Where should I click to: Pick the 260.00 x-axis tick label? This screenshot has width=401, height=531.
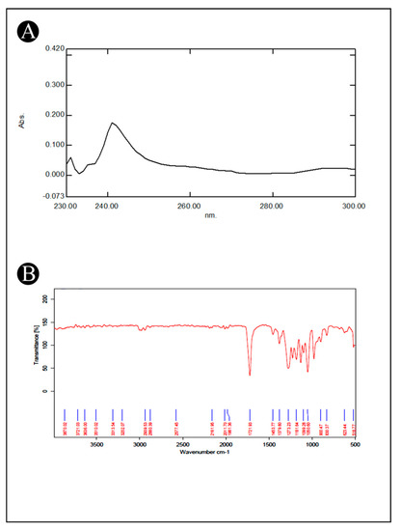[x=189, y=206]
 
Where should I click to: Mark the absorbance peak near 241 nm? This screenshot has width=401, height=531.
[x=113, y=123]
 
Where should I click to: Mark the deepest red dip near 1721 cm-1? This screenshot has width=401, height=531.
[x=250, y=375]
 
